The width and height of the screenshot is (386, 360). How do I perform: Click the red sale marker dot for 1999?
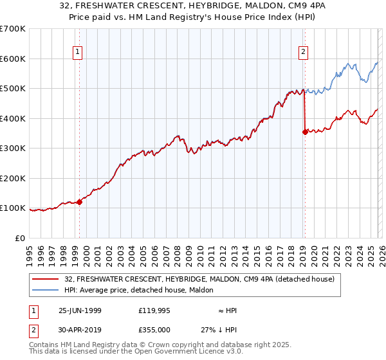[x=80, y=202]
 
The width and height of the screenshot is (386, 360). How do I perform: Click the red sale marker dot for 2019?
[x=304, y=132]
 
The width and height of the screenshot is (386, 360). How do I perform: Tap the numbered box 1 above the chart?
[x=77, y=53]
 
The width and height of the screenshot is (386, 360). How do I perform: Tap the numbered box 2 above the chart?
[x=303, y=53]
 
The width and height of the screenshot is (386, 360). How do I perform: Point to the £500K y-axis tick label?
[x=12, y=89]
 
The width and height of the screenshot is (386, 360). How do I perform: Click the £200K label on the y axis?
[x=12, y=178]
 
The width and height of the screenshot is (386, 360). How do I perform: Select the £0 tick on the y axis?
[x=20, y=238]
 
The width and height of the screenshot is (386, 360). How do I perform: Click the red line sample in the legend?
[x=46, y=280]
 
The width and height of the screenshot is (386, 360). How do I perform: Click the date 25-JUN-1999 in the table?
[x=80, y=310]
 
